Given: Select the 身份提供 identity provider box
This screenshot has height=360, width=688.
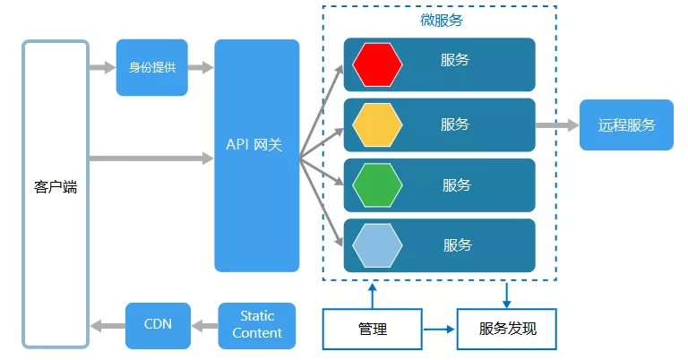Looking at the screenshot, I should [x=151, y=67].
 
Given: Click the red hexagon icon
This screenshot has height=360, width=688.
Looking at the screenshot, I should [x=377, y=64].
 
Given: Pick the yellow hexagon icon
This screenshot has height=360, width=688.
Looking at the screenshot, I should [x=377, y=124].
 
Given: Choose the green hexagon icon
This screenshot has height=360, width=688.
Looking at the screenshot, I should [x=377, y=185].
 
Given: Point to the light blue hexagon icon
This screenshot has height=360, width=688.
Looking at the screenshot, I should [x=377, y=245].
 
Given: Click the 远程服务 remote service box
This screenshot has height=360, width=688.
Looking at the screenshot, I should [x=626, y=124].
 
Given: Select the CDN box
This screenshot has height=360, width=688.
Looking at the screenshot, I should [x=158, y=324].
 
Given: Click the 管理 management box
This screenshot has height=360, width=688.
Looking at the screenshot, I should [x=372, y=329].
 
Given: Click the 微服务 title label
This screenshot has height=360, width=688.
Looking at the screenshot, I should [x=441, y=20].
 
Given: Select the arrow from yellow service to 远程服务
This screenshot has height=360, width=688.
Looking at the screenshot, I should [x=557, y=125].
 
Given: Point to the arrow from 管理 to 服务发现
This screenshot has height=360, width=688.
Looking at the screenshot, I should [x=439, y=329].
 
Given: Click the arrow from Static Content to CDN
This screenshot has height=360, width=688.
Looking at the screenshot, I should [x=204, y=324].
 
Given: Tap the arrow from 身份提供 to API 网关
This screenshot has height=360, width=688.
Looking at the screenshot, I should [x=201, y=67].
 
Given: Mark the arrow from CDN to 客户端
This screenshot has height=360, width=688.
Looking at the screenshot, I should [x=107, y=324].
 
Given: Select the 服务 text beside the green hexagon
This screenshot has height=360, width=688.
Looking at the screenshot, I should [x=456, y=184].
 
